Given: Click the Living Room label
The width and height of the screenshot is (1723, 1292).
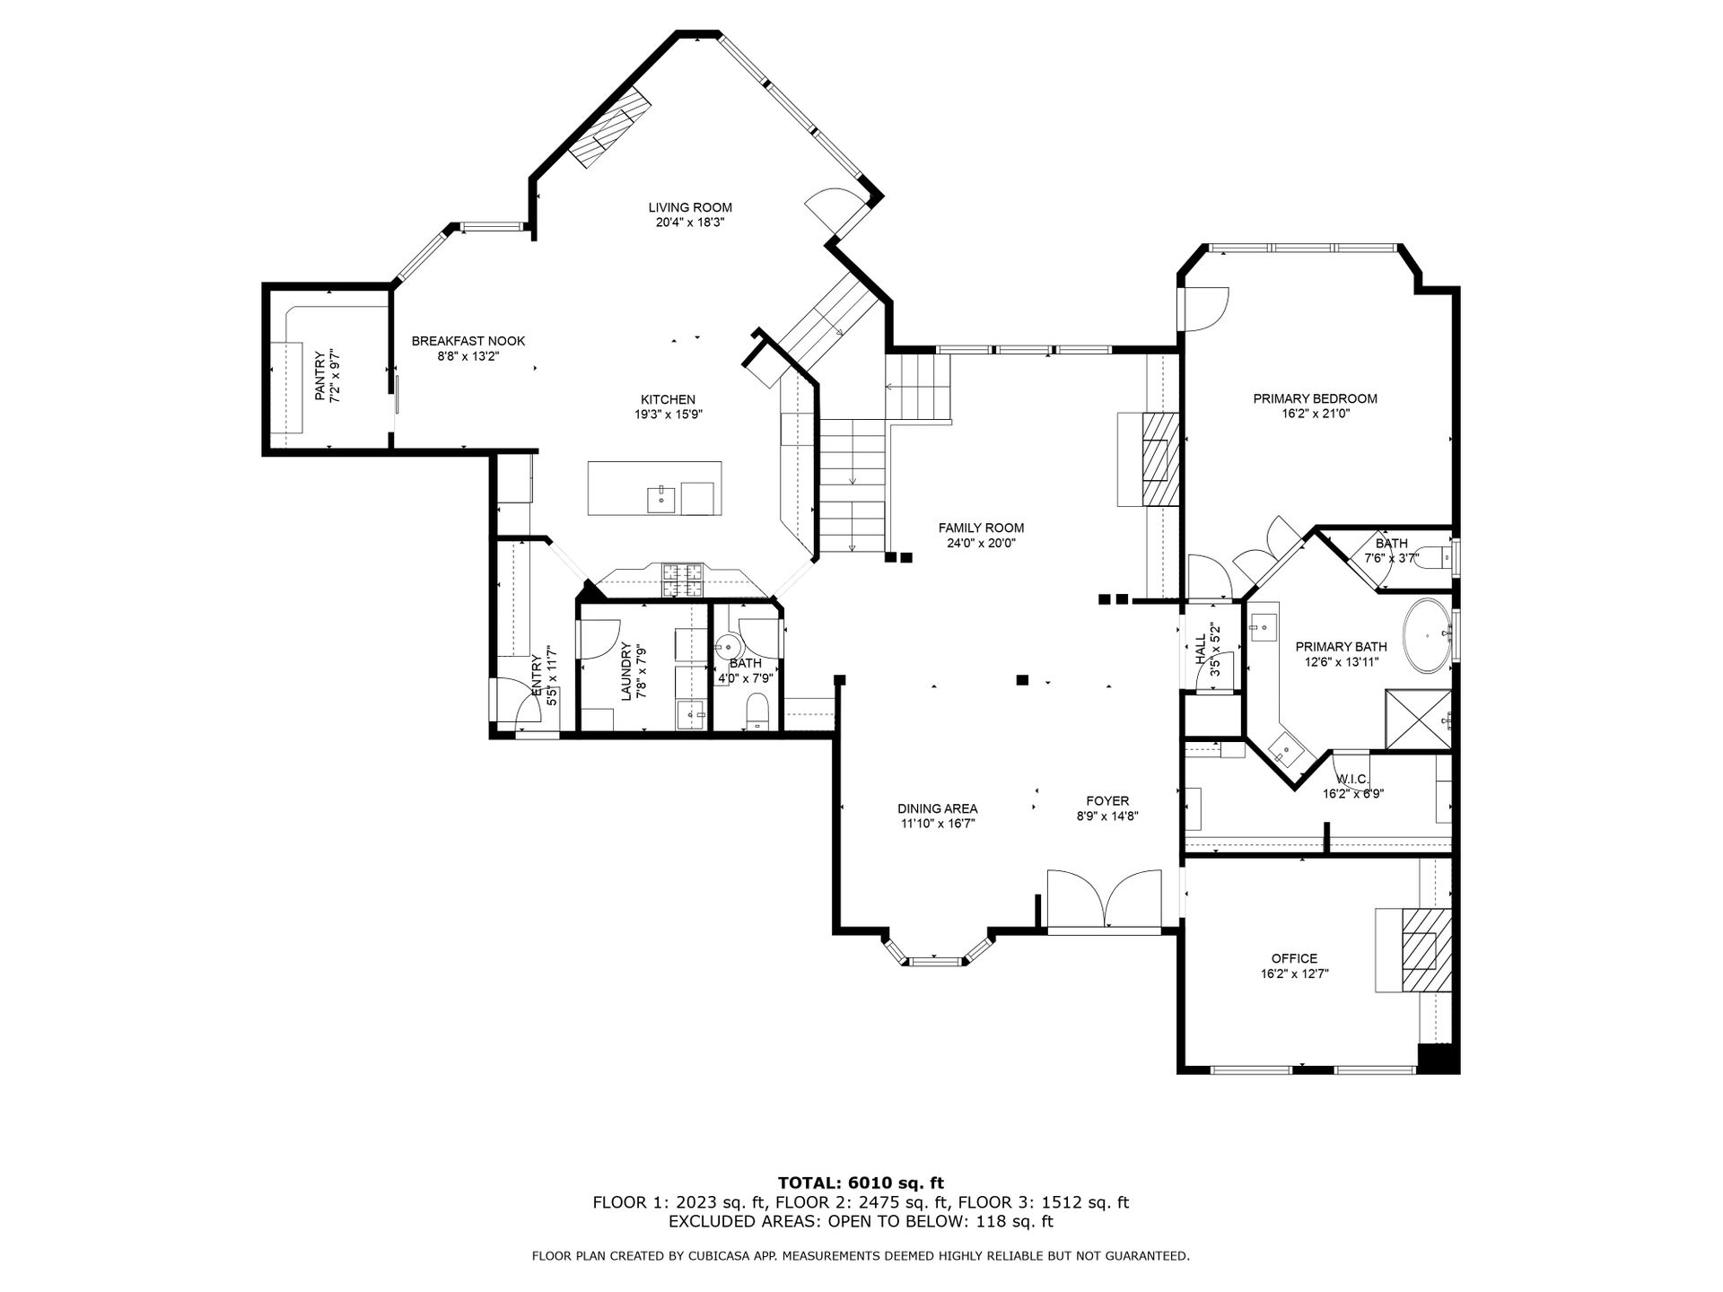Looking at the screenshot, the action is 690,207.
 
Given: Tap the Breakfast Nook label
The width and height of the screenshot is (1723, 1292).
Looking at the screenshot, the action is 468,341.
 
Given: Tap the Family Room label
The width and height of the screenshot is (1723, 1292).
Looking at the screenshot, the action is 981,528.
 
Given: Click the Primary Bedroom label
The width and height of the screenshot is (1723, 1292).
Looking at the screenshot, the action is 1315,398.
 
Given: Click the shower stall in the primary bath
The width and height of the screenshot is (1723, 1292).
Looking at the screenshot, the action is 1419,719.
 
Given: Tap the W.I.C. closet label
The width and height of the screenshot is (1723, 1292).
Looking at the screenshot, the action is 1353,779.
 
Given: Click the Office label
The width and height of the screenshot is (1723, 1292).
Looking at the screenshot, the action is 1294,958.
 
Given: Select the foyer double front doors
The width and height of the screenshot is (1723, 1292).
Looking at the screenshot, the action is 1104,899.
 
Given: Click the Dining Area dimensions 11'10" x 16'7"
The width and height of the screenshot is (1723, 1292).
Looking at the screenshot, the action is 938,823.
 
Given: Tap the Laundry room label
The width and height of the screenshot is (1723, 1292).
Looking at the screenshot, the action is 626,674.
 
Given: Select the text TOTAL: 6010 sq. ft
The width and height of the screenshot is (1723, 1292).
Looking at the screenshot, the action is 861,1183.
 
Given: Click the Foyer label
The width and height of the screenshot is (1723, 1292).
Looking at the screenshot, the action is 1107,801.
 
